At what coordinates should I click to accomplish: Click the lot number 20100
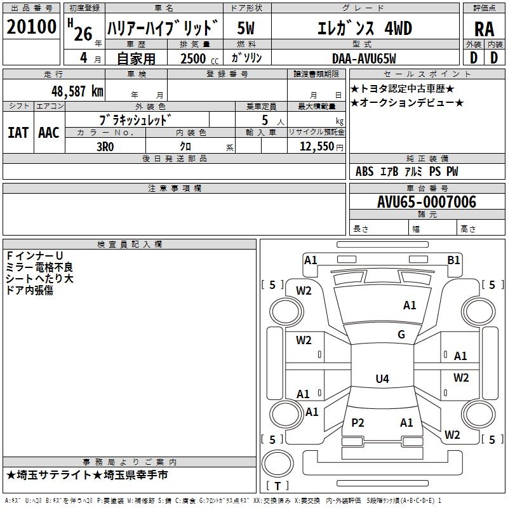pyautogui.click(x=31, y=27)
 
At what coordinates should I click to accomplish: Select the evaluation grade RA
pyautogui.click(x=485, y=29)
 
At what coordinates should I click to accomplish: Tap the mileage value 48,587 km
pyautogui.click(x=77, y=91)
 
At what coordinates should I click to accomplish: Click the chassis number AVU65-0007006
pyautogui.click(x=427, y=202)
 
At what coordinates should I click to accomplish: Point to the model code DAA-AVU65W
pyautogui.click(x=364, y=58)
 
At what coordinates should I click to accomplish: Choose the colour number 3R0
pyautogui.click(x=105, y=147)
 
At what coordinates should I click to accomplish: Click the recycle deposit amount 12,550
pyautogui.click(x=317, y=147)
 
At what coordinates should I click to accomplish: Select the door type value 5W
pyautogui.click(x=246, y=28)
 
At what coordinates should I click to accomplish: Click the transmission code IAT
pyautogui.click(x=18, y=133)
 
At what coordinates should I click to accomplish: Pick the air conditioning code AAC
pyautogui.click(x=49, y=133)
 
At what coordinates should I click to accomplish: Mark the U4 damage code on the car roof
pyautogui.click(x=382, y=378)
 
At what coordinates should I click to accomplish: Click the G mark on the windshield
pyautogui.click(x=401, y=335)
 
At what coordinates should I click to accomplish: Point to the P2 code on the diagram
pyautogui.click(x=358, y=422)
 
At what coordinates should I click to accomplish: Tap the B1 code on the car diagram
pyautogui.click(x=453, y=260)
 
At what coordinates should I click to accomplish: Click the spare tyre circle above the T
pyautogui.click(x=277, y=464)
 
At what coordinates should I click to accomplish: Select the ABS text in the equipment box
pyautogui.click(x=364, y=171)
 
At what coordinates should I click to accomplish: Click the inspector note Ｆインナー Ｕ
pyautogui.click(x=34, y=256)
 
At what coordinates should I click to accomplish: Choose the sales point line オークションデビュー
pyautogui.click(x=406, y=103)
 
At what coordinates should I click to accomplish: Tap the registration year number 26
pyautogui.click(x=83, y=34)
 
